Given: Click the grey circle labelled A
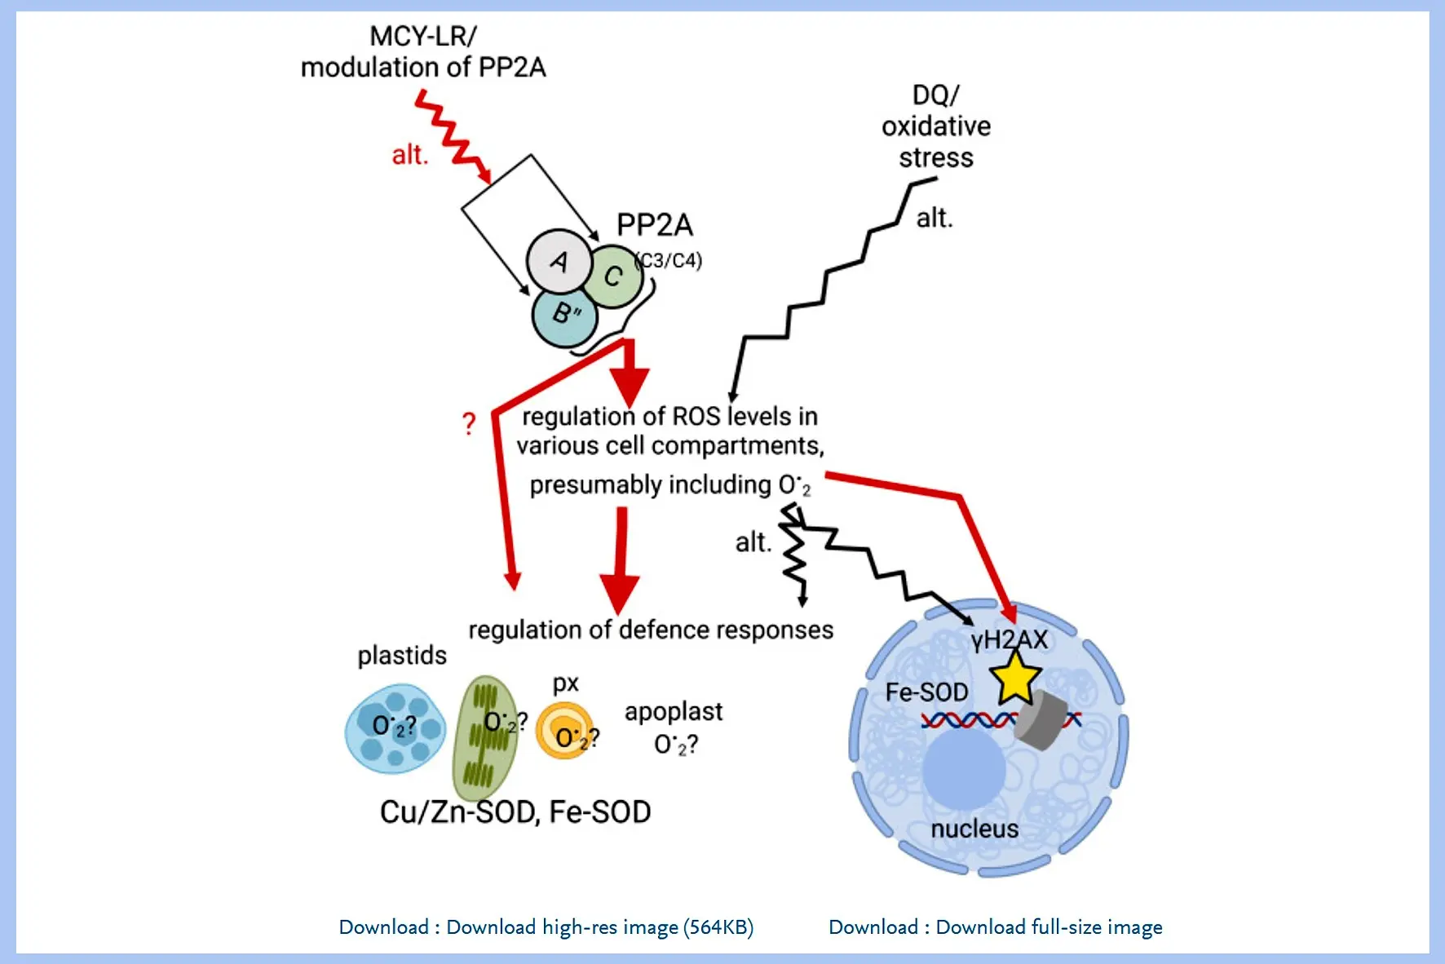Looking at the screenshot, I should pyautogui.click(x=559, y=262).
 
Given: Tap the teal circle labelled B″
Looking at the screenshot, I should pyautogui.click(x=563, y=315).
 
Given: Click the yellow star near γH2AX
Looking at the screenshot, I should pyautogui.click(x=1014, y=677).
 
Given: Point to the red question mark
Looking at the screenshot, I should pyautogui.click(x=468, y=423).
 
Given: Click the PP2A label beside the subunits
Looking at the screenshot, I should pyautogui.click(x=654, y=224).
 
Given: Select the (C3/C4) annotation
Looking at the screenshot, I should pyautogui.click(x=669, y=260).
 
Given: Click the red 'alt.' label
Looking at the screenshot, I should pyautogui.click(x=409, y=155).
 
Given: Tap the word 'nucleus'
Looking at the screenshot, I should pyautogui.click(x=974, y=829).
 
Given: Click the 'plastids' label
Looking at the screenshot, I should pyautogui.click(x=402, y=655).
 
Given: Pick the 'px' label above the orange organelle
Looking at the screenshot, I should pyautogui.click(x=565, y=683).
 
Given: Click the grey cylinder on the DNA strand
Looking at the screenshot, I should pyautogui.click(x=1041, y=722).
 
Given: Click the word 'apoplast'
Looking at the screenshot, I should pyautogui.click(x=673, y=712).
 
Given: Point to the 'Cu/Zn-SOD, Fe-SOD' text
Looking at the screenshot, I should pyautogui.click(x=515, y=811).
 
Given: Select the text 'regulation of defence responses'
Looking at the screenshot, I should pyautogui.click(x=651, y=630).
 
